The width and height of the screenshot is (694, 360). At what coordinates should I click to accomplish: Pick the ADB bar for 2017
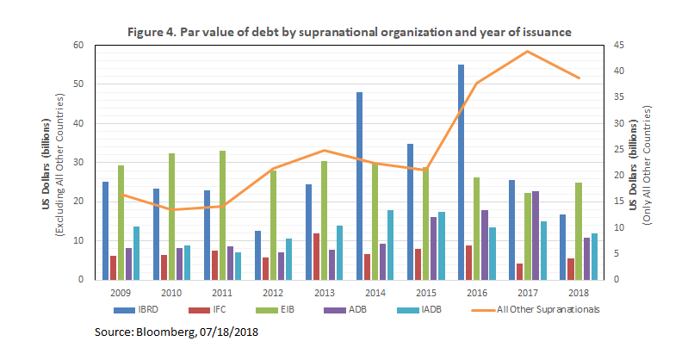(x=536, y=235)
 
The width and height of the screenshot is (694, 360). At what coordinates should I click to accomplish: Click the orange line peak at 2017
(x=528, y=52)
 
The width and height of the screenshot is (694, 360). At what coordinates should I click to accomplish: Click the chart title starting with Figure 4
(x=350, y=32)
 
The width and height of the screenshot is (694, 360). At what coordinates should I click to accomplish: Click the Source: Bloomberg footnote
(x=177, y=331)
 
